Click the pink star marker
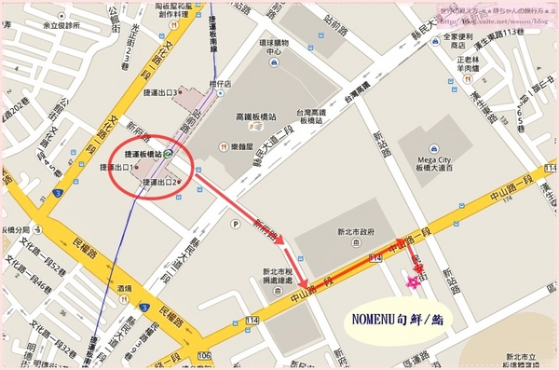click(x=411, y=281)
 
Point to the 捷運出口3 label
click(x=165, y=92)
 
